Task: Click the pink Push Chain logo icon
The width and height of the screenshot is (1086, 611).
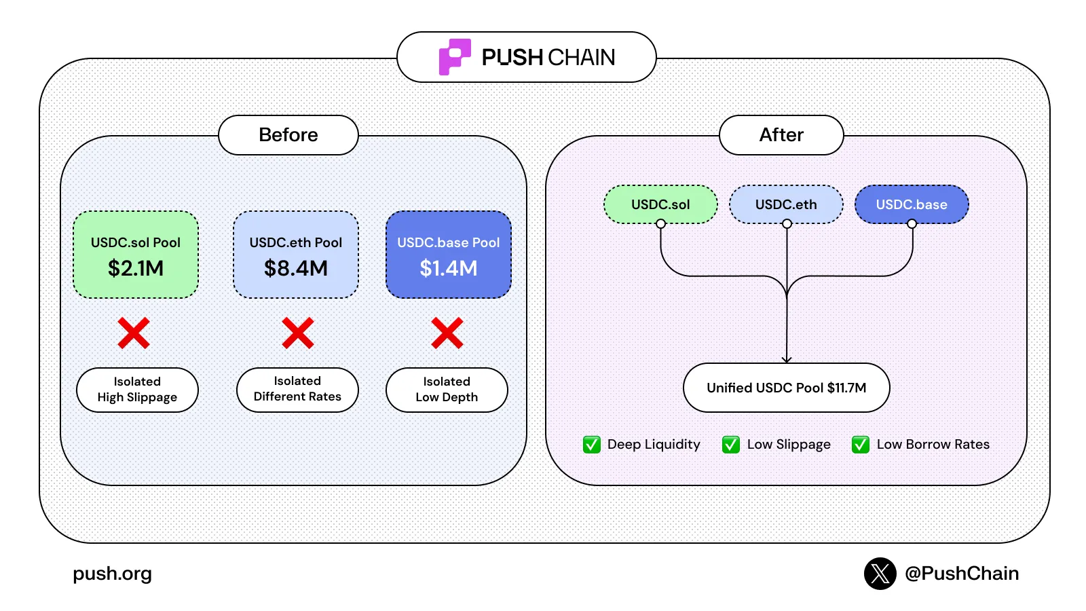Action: click(454, 56)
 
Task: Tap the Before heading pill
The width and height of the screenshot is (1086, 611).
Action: click(288, 135)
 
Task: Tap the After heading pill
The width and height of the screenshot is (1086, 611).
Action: click(781, 135)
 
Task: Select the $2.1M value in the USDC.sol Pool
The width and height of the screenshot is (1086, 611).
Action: click(136, 268)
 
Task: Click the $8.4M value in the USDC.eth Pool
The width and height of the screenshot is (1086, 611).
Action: click(296, 268)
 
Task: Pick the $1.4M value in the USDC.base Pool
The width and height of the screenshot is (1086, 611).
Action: click(449, 268)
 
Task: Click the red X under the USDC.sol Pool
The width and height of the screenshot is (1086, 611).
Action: click(134, 333)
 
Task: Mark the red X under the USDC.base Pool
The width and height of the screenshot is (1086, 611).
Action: click(447, 333)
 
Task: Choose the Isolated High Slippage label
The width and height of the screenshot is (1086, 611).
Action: click(137, 390)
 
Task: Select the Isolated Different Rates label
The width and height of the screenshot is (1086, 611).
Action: click(297, 390)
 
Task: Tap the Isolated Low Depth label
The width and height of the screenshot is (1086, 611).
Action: click(447, 390)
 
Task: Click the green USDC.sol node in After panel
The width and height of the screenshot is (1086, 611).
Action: click(660, 204)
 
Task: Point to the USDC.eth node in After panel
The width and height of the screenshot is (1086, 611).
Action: click(786, 204)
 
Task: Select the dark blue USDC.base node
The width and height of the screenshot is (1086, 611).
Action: click(912, 204)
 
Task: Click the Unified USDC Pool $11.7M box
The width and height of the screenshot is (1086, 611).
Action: click(786, 388)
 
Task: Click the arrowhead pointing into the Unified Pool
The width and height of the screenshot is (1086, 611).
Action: click(787, 359)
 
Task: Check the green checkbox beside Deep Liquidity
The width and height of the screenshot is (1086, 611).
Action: click(592, 445)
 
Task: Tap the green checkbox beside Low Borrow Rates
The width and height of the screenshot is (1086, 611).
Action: click(861, 445)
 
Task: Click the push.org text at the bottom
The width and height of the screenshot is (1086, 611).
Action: click(113, 574)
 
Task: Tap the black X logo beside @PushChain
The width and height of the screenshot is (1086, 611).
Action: click(880, 574)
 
